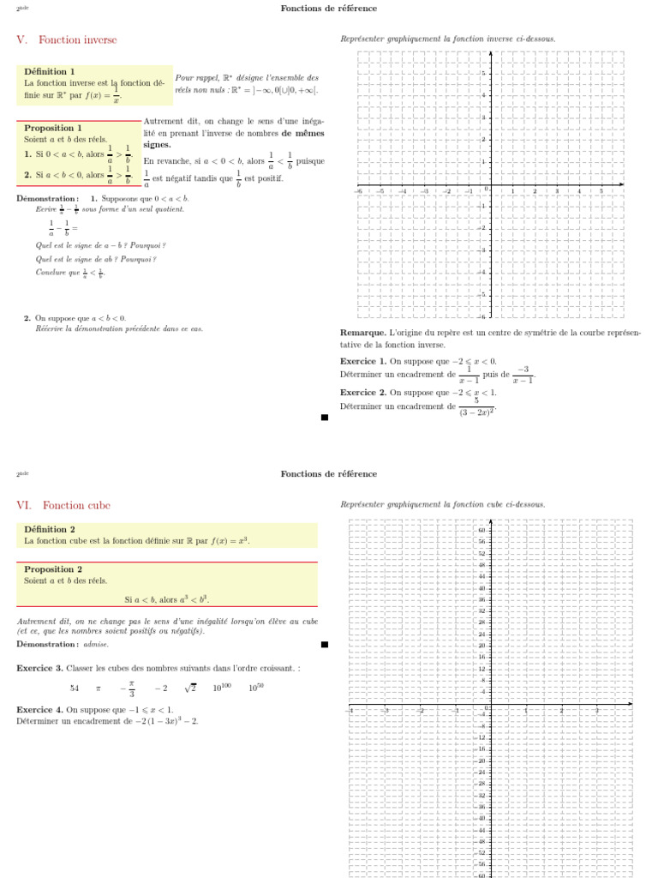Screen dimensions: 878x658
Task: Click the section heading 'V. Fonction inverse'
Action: [x=67, y=40]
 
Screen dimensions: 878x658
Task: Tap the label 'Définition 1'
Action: [x=50, y=72]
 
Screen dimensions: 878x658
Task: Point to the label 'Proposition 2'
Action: [x=53, y=569]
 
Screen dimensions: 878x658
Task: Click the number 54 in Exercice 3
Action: [x=75, y=689]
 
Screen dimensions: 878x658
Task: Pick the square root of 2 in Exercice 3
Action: [x=189, y=688]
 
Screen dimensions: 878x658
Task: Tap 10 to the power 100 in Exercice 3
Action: [x=224, y=688]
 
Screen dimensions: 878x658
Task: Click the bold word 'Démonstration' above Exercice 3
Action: [x=40, y=644]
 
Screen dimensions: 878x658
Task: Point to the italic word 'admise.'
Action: [x=96, y=644]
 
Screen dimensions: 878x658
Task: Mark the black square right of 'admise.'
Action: [x=325, y=644]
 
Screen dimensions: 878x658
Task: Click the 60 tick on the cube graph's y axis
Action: [x=482, y=530]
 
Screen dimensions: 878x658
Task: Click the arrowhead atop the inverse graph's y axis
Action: [x=490, y=53]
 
